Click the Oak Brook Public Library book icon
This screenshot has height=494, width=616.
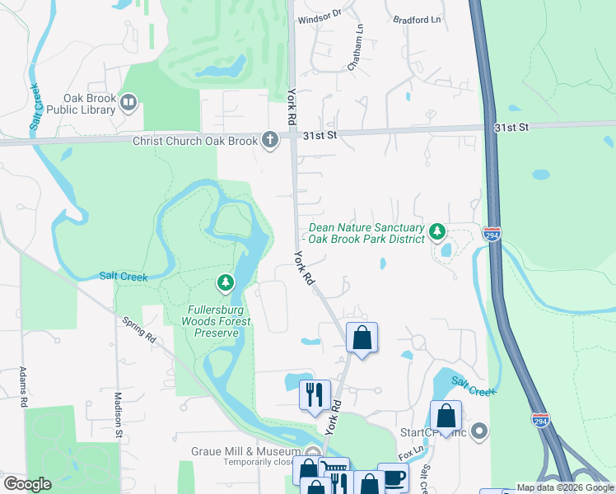(128, 102)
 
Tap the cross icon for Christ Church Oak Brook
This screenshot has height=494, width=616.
(269, 141)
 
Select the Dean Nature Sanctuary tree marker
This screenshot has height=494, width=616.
(438, 232)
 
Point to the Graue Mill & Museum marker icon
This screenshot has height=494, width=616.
(311, 452)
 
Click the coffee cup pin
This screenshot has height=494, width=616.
(393, 478)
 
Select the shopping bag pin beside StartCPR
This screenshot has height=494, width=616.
(446, 415)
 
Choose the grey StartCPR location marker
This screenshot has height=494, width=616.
(481, 431)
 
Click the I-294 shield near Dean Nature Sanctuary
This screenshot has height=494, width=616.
(492, 235)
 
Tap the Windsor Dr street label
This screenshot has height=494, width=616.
(320, 16)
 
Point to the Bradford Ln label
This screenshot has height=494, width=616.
(417, 19)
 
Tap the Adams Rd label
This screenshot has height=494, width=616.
(23, 387)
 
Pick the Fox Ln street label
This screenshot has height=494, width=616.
(408, 454)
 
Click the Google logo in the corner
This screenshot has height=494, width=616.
(27, 483)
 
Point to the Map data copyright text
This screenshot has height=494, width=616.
(564, 488)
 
